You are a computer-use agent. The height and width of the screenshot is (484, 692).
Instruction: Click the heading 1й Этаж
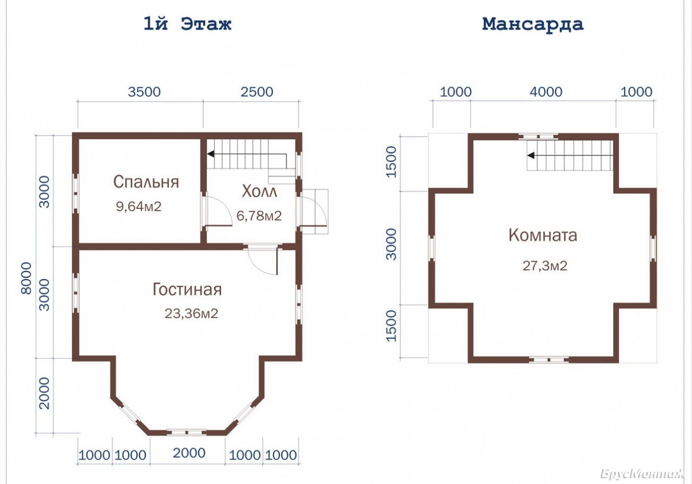coord(188,24)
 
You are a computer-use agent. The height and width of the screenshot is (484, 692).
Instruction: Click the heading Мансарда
coord(533,24)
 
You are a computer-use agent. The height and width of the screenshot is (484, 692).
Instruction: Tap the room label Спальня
coord(146,182)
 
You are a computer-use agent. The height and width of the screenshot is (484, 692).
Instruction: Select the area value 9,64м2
coord(139,207)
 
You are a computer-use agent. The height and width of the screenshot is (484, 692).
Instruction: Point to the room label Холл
coord(259,191)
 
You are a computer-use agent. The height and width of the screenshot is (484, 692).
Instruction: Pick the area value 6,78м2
coord(259,216)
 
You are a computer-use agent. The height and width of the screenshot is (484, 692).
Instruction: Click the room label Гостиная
coord(187,290)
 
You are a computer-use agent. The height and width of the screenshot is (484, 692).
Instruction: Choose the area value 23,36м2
coord(191,314)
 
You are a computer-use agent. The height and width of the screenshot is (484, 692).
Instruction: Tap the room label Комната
coord(543,235)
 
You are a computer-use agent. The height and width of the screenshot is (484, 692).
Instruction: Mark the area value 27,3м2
coord(545,266)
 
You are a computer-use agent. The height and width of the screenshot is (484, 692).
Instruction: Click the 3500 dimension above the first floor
coord(145,92)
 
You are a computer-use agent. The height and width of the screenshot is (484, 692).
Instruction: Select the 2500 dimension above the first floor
coord(257,92)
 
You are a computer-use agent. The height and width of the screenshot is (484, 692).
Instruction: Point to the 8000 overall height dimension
coord(26,279)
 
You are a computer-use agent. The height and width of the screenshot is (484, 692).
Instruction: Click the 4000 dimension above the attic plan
coord(546,92)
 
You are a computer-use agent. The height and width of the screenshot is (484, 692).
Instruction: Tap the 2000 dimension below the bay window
coord(189,453)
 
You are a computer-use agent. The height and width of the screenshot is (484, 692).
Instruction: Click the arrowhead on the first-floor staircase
coord(211,154)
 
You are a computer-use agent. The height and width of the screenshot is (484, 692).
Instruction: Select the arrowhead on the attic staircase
coord(531,155)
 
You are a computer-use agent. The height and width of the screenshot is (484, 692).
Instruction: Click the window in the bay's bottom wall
coord(186,432)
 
